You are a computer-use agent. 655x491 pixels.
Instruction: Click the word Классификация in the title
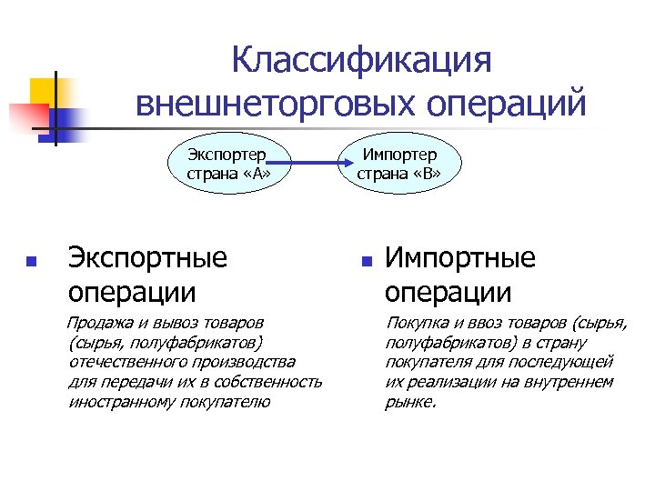pos(361,61)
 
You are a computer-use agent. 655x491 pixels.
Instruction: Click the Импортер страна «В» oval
pos(400,165)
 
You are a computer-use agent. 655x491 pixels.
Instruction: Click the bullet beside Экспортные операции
pos(32,261)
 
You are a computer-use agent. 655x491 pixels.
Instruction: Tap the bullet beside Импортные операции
pos(367,261)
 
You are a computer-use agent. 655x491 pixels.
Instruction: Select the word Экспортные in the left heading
pos(147,258)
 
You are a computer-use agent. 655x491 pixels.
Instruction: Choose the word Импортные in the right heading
pos(460,258)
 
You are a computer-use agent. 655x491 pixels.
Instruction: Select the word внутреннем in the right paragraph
pos(569,382)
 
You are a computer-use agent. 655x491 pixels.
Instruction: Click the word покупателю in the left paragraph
pos(225,401)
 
